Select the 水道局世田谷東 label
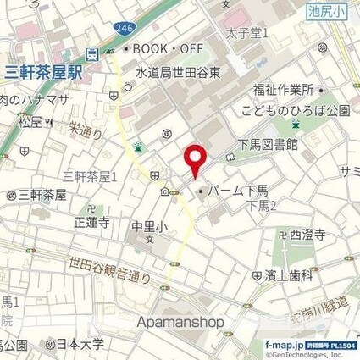pos(179,73)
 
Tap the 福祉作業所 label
pos(283,90)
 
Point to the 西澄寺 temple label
pos(307,235)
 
